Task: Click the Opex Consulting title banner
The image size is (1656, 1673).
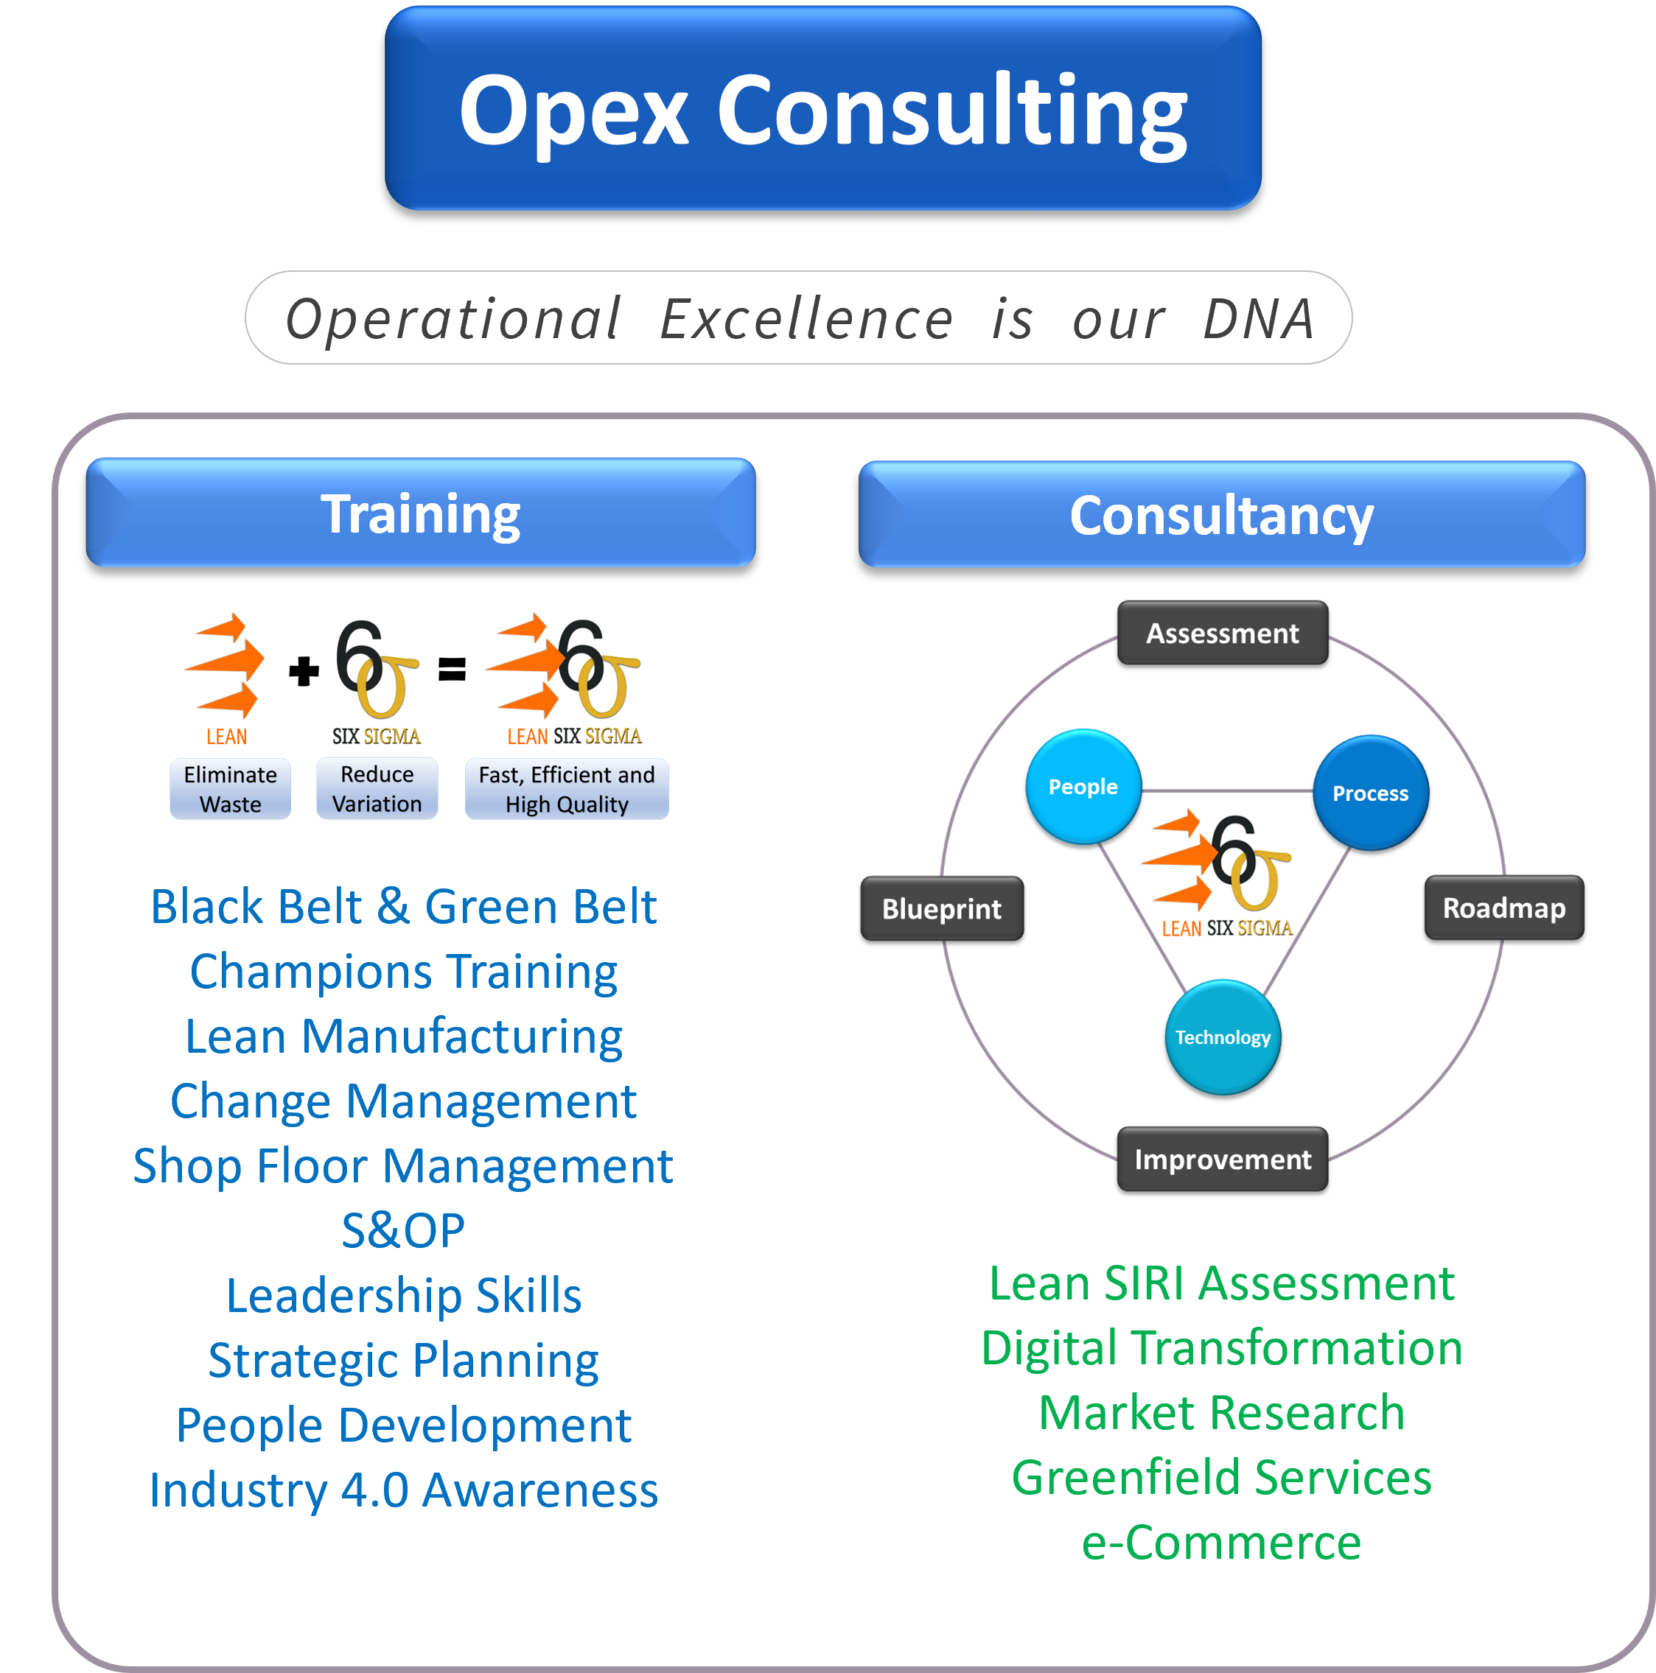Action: (x=822, y=108)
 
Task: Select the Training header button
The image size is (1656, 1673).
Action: (x=420, y=513)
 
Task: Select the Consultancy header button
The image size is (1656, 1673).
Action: (x=1221, y=515)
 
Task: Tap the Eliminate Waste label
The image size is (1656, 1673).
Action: (x=231, y=789)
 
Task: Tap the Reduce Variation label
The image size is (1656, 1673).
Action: (x=377, y=789)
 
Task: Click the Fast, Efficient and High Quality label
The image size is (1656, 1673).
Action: (x=567, y=789)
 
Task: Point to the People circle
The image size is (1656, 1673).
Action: (x=1083, y=786)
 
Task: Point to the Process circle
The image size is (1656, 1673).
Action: (x=1370, y=793)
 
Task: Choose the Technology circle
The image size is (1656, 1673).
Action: (x=1222, y=1037)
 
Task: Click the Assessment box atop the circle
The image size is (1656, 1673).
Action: (x=1222, y=633)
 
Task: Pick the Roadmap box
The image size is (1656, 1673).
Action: (x=1503, y=908)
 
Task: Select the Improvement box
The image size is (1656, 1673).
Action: (x=1222, y=1159)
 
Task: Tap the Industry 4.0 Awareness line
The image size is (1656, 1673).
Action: (x=404, y=1490)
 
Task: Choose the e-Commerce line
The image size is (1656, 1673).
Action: (x=1221, y=1543)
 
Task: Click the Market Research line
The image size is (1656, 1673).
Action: (x=1221, y=1412)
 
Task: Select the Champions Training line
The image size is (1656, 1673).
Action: (x=404, y=972)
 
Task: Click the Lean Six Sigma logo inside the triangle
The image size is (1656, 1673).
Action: (x=1221, y=874)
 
